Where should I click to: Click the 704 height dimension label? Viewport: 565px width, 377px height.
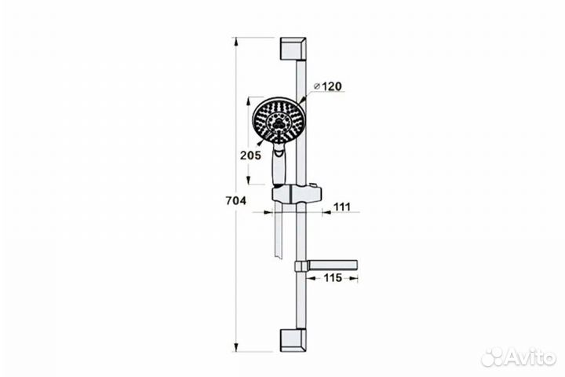(x=236, y=200)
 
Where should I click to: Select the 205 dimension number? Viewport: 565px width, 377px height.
(x=250, y=156)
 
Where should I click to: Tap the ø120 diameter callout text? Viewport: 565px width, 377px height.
(x=328, y=86)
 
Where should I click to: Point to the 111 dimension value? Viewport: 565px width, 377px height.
(x=341, y=207)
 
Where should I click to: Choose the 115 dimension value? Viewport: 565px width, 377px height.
(x=333, y=278)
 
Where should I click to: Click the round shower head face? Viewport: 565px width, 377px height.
(x=279, y=120)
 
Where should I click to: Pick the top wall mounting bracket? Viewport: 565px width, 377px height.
(x=293, y=49)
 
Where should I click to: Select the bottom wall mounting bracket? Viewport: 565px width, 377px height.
(x=293, y=340)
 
